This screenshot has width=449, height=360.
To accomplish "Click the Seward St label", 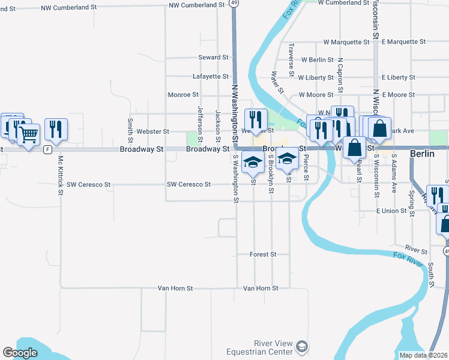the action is pos(214,58).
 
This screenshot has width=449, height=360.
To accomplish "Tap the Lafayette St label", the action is pos(210,77).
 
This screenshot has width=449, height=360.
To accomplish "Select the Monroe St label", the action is pos(183,95).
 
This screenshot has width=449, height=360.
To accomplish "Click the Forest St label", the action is pos(263,254).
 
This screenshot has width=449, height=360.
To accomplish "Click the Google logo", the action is pos(19,353).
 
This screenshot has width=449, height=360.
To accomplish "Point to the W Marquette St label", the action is pos(346,42).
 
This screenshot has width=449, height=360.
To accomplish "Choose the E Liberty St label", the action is pos(399,77).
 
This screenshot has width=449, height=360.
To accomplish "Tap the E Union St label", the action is pos(391,211).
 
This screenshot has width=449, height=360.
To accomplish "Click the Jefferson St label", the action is pos(200,120).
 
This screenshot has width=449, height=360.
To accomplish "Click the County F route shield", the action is pos(47,149).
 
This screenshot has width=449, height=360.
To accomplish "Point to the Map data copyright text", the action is pos(424,355).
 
